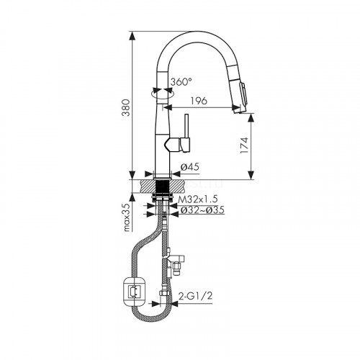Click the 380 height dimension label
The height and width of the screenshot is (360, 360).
point(125,107)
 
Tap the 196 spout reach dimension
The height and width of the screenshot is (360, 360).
point(199,101)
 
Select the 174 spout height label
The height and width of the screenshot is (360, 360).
point(244,145)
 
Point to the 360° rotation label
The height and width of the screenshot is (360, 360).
point(181,82)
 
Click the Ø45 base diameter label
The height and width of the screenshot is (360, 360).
point(189,167)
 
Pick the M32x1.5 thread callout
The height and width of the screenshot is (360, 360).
point(198,199)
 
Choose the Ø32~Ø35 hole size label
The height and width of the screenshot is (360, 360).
point(202,210)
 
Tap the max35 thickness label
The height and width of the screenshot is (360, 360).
point(127,217)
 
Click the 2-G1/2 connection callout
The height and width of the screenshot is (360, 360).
point(195,296)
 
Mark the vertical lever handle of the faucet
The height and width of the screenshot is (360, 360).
point(186,132)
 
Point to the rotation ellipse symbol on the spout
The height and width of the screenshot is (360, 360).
point(162,94)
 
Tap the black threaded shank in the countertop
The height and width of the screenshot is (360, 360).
point(163,187)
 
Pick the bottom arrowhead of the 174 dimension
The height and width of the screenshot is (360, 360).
point(251,175)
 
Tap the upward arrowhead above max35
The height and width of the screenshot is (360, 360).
point(132,198)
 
